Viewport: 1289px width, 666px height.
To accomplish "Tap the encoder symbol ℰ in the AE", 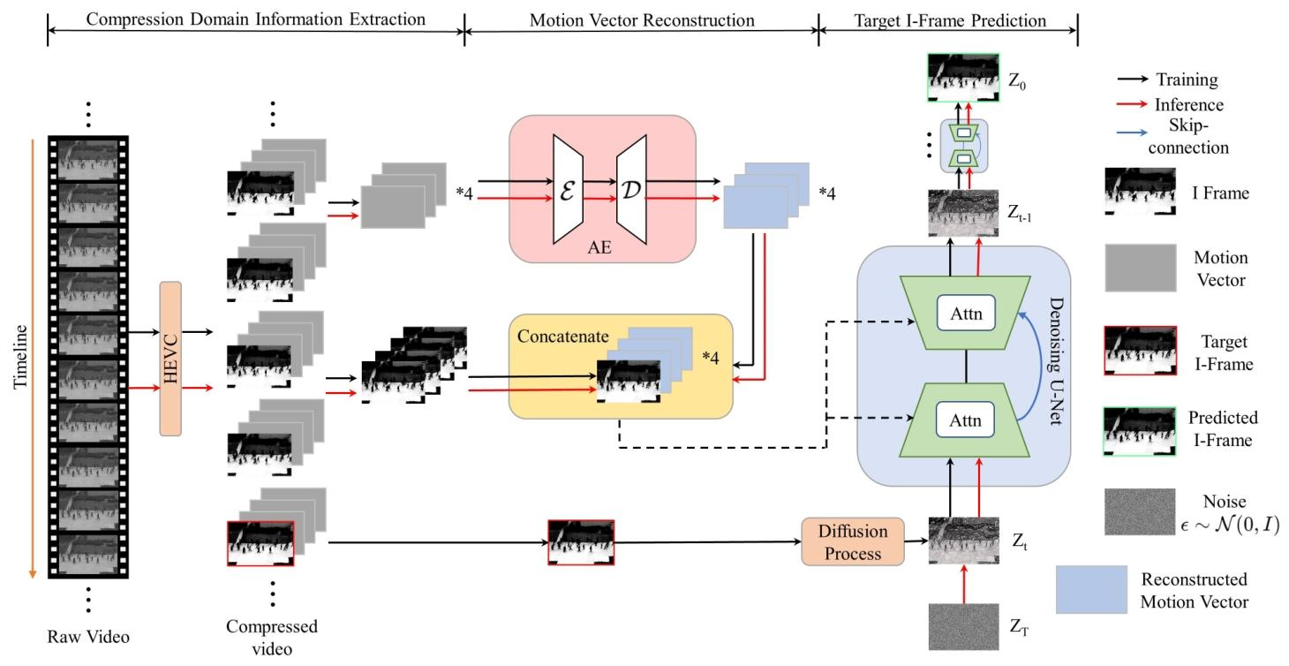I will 569,192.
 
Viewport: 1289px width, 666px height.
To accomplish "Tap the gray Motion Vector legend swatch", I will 1140,269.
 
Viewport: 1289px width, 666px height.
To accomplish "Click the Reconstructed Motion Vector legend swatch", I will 1091,590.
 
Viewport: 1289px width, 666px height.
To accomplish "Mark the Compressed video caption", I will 272,636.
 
